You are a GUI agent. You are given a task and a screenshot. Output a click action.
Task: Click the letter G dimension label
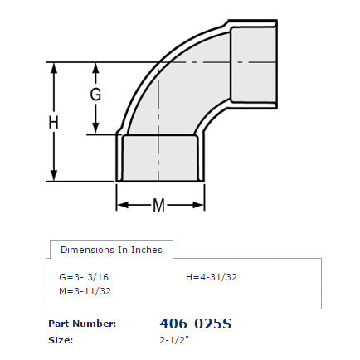point(95,95)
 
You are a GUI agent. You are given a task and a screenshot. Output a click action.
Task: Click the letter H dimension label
point(54,123)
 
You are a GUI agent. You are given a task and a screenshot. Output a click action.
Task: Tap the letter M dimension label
point(158,205)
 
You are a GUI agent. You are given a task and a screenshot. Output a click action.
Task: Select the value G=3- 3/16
point(83,277)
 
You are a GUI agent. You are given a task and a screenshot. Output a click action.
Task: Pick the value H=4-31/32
point(212,277)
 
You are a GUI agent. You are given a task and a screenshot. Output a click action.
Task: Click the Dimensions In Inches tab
point(111,250)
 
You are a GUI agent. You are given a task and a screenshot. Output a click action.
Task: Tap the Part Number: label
point(81,324)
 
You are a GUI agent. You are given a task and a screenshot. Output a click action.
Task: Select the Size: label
point(61,340)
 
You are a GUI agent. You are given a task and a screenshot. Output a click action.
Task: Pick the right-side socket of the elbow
point(253,63)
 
